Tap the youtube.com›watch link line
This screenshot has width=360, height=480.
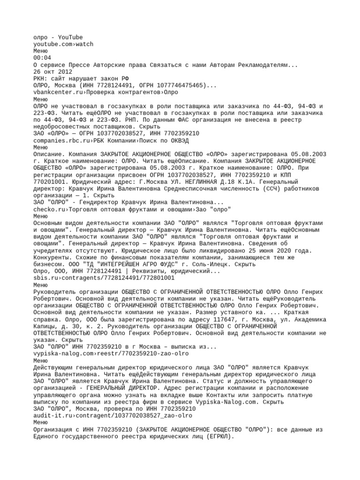coord(63,44)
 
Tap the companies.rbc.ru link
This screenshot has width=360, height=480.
coord(61,140)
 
